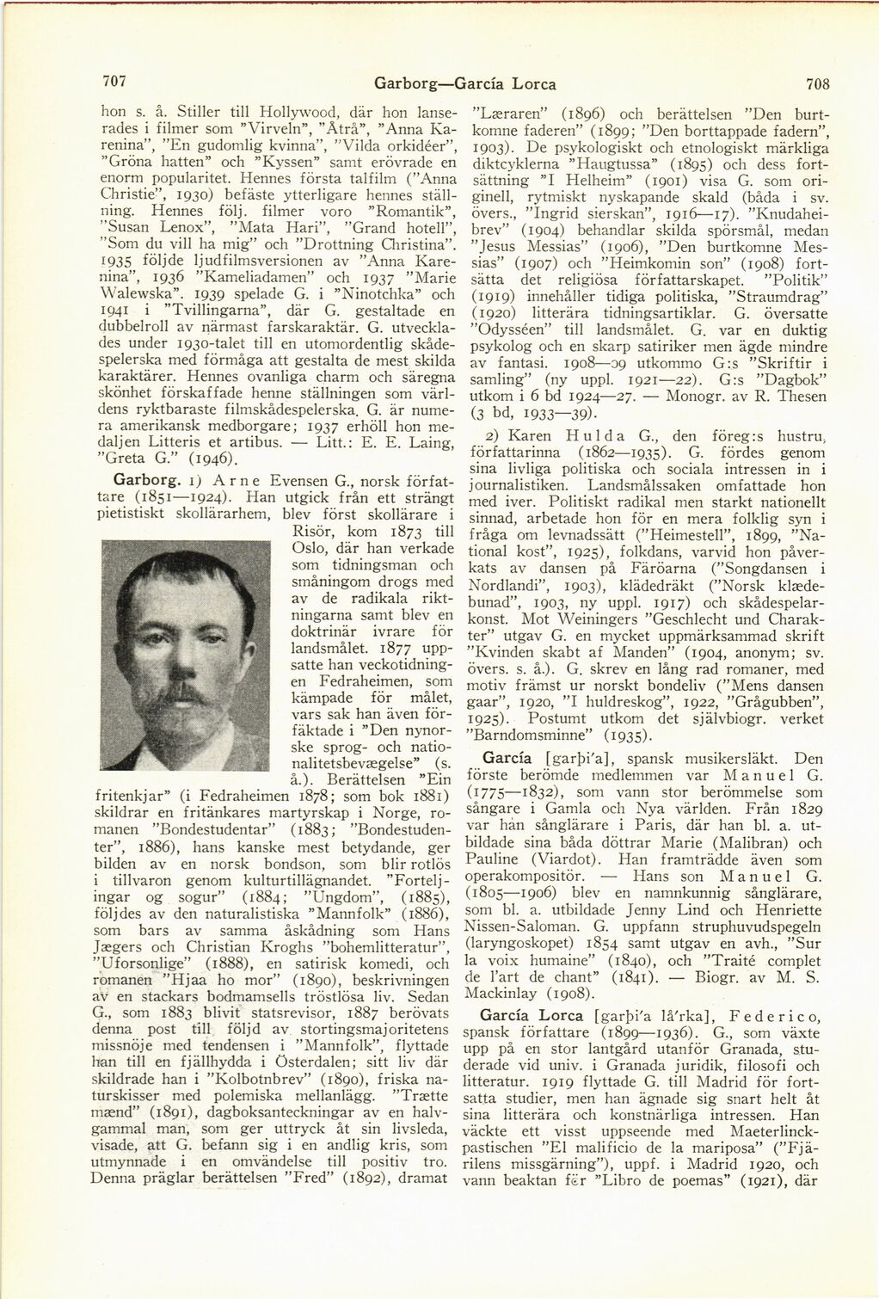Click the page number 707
tap(114, 82)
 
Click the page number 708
tap(817, 83)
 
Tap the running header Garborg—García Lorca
tap(464, 83)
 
